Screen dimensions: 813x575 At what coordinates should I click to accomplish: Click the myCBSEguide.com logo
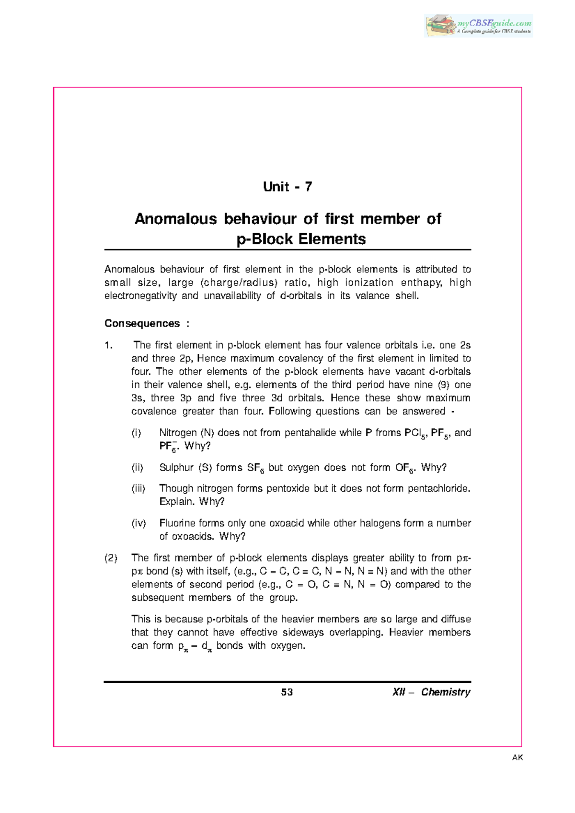(x=479, y=25)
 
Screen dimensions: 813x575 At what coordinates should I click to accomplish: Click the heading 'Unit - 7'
(x=287, y=187)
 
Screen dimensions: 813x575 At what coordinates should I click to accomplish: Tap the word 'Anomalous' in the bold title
(x=176, y=219)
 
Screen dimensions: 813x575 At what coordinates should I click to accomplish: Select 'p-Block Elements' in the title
(x=301, y=239)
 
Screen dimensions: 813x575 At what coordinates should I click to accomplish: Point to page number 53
(x=287, y=692)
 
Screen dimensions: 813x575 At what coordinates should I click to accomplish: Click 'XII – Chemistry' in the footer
(x=431, y=692)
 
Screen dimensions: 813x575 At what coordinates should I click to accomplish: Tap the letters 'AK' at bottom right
(x=517, y=757)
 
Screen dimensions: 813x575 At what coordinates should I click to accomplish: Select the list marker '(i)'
(x=137, y=433)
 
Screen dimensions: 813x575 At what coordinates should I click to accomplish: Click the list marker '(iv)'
(x=138, y=523)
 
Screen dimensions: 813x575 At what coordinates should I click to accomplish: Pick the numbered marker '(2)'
(x=111, y=558)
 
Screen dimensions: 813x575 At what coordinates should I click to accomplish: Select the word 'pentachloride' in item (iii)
(x=439, y=488)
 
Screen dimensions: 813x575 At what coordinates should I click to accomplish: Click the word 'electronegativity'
(x=140, y=296)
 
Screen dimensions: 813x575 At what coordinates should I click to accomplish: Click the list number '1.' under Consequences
(x=108, y=345)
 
